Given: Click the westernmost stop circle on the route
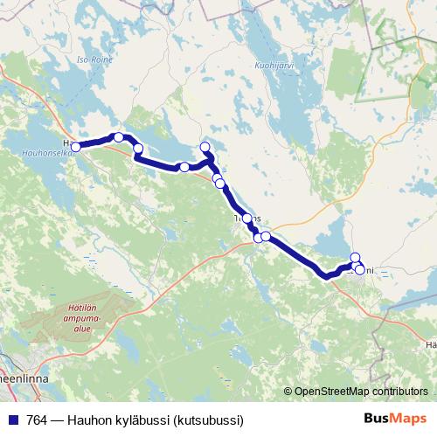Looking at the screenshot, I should (75, 147).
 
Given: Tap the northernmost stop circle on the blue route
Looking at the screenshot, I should (205, 147).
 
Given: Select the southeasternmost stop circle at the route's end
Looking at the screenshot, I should (359, 269).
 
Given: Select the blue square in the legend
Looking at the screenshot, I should (11, 420).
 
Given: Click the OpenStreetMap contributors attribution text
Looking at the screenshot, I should (361, 392).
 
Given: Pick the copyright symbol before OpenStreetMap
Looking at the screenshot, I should (288, 392).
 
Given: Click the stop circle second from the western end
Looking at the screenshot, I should (119, 137).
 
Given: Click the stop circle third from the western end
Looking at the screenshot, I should (137, 149).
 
